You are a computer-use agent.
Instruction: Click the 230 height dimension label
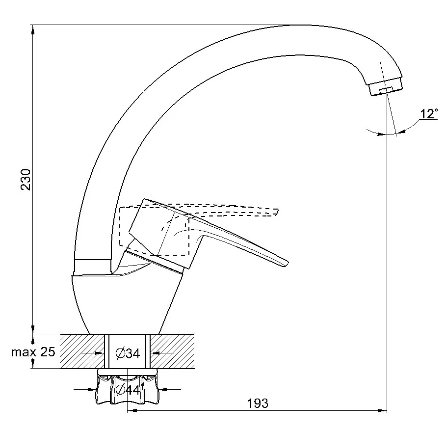coord(26,180)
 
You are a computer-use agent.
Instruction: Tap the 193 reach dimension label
coord(258,403)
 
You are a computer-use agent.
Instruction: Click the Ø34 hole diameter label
coord(127,352)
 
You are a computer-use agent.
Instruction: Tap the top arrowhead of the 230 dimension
coord(33,29)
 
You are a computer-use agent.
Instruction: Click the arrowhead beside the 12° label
coord(402,130)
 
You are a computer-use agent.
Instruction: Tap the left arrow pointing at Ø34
coord(101,352)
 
